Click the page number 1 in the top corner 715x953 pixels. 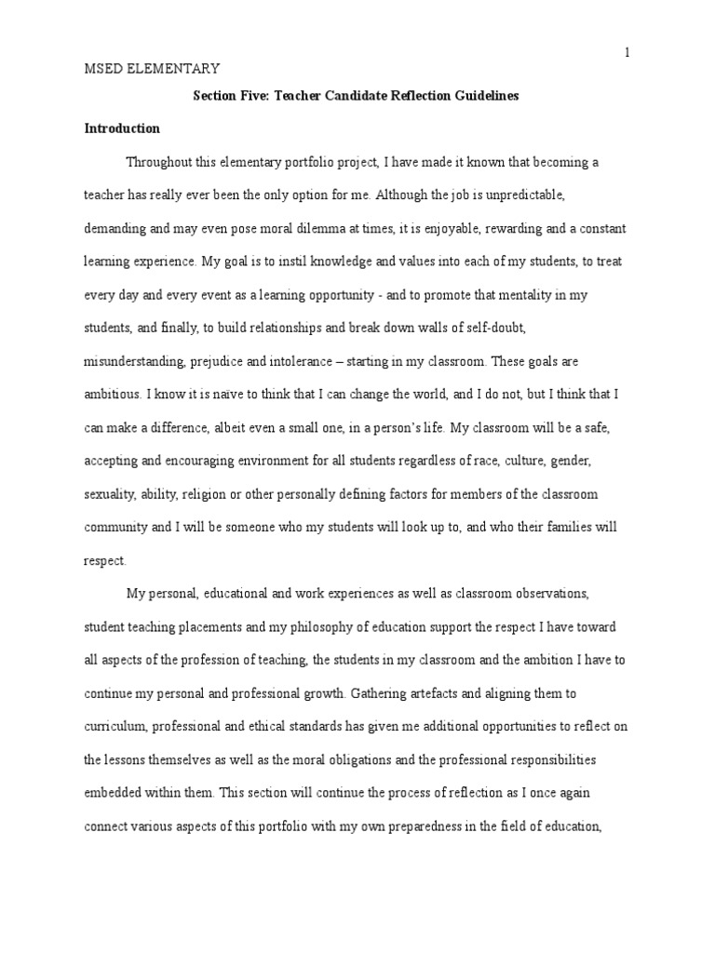pos(627,52)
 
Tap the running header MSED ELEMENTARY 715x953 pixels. pos(152,68)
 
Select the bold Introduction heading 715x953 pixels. pos(122,128)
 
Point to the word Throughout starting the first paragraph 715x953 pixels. pos(160,163)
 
